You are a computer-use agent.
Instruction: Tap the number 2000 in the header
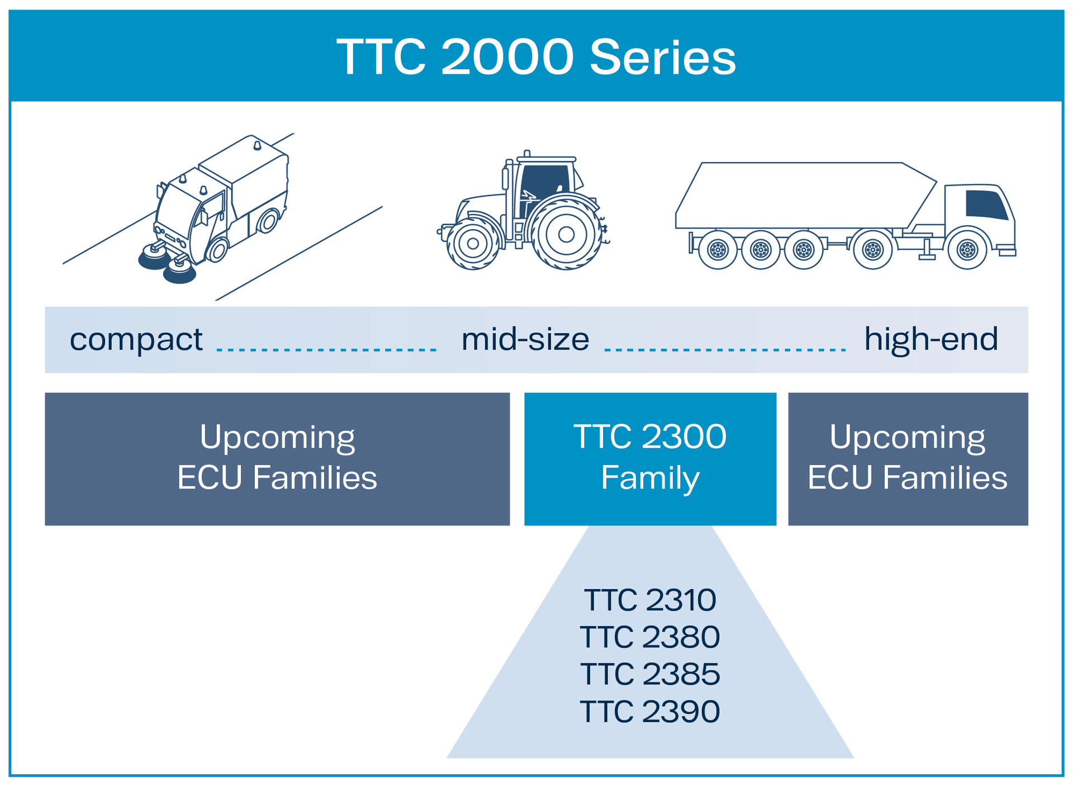tap(507, 58)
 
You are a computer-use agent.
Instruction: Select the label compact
tap(136, 339)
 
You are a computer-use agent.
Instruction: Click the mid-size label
tap(525, 339)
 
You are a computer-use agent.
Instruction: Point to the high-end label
tap(930, 339)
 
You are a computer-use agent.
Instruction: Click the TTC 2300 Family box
tap(650, 458)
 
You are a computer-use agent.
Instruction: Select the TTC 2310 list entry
tap(650, 600)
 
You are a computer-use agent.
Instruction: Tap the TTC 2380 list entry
tap(650, 637)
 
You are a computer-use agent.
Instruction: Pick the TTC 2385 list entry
tap(650, 674)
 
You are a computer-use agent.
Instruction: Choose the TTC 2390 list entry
tap(650, 711)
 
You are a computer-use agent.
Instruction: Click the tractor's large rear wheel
tap(566, 235)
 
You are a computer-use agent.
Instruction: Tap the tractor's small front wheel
tap(473, 244)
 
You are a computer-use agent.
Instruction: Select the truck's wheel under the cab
tap(967, 250)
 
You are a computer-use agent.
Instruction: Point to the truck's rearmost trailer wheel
tap(718, 250)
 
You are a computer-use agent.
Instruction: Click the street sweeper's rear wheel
tap(268, 221)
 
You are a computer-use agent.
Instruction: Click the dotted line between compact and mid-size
tap(326, 350)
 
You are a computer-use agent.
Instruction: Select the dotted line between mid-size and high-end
tap(725, 350)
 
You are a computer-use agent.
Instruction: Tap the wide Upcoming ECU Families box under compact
tap(277, 458)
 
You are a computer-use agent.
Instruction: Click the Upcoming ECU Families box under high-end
tap(908, 458)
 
